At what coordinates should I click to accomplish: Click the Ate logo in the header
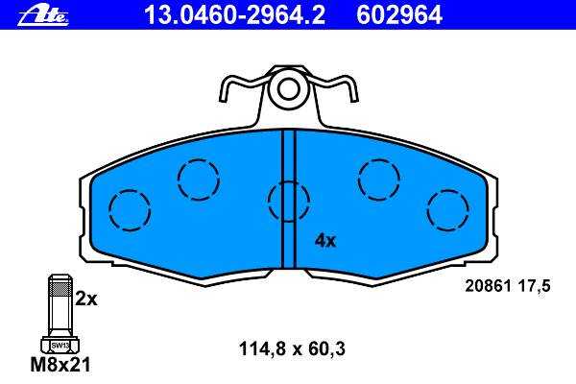point(43,15)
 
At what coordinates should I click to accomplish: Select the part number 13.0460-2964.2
point(234,15)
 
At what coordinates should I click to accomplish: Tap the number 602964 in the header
point(399,15)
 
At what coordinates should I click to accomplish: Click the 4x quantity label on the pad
point(325,241)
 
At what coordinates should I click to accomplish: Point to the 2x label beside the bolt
point(86,300)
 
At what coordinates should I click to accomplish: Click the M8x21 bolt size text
point(60,365)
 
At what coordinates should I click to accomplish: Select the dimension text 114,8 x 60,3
point(292,348)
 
